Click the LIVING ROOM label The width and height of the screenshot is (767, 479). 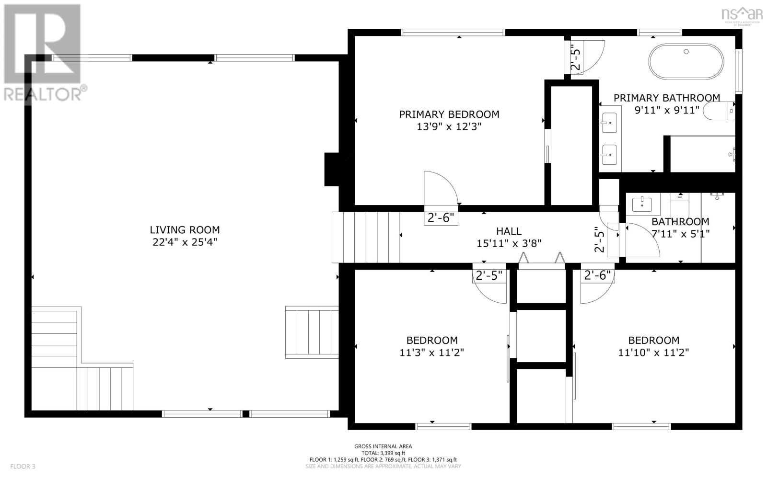pos(185,230)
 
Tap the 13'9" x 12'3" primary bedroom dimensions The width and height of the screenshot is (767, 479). pos(449,127)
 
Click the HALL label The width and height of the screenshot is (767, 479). pos(509,231)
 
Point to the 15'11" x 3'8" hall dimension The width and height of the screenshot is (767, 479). pos(509,243)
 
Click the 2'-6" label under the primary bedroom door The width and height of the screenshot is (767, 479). pos(440,218)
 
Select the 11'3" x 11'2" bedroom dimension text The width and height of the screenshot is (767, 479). pos(431,353)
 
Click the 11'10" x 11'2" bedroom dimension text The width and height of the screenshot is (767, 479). pos(653,353)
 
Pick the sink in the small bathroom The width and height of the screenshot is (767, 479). pos(642,205)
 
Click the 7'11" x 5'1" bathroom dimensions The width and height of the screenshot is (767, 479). pos(680,234)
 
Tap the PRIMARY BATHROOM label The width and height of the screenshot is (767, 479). pos(666,98)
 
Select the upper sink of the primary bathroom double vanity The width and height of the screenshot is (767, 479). pos(610,123)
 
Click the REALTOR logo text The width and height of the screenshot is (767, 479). pos(46,93)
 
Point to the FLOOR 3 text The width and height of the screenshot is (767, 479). pos(23,466)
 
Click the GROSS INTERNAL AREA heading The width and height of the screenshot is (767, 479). pos(383,446)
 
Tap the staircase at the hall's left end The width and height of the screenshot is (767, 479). pos(366,238)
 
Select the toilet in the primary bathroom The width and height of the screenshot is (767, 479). pos(723,112)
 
